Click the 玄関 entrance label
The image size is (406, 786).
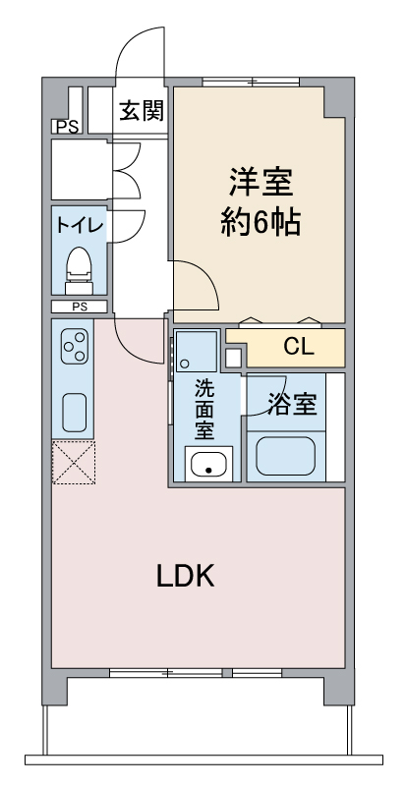pos(142,110)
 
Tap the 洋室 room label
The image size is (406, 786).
pos(261,183)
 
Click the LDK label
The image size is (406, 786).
pos(186,576)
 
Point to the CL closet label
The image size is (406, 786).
pos(299,347)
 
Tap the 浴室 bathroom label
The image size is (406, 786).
pos(293,405)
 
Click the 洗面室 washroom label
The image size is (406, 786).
pos(204,409)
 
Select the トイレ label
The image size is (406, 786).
pos(80,225)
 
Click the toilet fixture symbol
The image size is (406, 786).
pos(80,271)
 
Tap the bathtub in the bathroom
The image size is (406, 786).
pos(286,456)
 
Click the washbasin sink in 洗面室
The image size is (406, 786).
pos(208,464)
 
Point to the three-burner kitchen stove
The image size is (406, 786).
pos(74,347)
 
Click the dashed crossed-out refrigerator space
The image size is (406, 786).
pos(74,462)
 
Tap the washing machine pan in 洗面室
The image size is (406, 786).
pos(197,351)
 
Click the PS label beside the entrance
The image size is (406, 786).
pos(67,128)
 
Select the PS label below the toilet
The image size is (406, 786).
pos(80,308)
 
